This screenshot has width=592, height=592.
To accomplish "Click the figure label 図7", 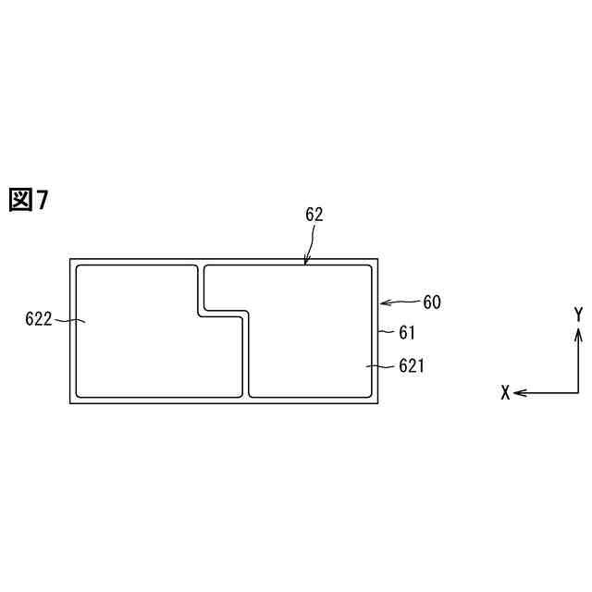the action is (x=28, y=199).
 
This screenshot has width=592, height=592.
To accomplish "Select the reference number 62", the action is (x=314, y=215).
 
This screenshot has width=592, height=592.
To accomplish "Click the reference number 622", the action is (x=39, y=320).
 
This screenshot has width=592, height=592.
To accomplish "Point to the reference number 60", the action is (x=432, y=302).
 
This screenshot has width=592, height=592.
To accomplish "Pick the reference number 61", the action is (x=408, y=331).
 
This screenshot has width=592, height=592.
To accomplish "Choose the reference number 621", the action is (x=412, y=366).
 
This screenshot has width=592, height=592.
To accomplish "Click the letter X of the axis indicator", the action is (x=505, y=393).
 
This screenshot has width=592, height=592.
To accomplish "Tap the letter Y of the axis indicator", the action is (x=578, y=314).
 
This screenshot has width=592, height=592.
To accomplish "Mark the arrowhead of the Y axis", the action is (x=578, y=330).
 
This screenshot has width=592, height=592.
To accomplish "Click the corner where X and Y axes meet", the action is (x=578, y=393).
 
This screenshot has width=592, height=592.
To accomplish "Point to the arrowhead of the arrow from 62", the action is (x=306, y=263).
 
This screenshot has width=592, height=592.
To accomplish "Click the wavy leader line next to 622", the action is (x=69, y=321).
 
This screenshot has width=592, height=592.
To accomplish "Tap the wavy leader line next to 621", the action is (x=380, y=367).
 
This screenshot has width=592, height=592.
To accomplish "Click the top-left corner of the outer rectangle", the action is (x=70, y=259).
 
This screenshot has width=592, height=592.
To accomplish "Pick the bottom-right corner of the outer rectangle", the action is (x=379, y=403).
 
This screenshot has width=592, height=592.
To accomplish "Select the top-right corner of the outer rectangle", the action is (x=379, y=259).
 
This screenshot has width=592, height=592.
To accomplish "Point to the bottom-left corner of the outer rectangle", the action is (x=70, y=403).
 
